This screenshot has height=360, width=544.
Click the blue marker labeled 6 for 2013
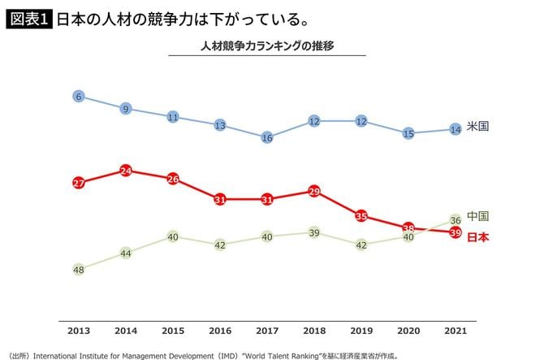[x=79, y=97]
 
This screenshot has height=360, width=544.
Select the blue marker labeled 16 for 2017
[x=267, y=138]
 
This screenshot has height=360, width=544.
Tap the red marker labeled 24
[x=126, y=171]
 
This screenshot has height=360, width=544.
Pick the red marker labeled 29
[x=314, y=191]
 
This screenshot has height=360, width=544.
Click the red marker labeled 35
[x=361, y=216]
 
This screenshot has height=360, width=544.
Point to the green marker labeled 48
[x=79, y=269]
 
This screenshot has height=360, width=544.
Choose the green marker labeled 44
[x=126, y=253]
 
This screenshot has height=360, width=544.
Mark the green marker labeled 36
[x=455, y=220]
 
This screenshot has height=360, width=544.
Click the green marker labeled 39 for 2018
[x=314, y=232]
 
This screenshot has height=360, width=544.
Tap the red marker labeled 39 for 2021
[x=455, y=232]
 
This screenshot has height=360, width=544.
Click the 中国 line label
[x=479, y=216]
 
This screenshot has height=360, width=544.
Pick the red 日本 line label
[x=479, y=237]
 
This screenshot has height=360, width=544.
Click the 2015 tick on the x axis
[x=173, y=332]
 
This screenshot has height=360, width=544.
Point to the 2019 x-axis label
[x=361, y=332]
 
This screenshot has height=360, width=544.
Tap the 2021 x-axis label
[x=455, y=332]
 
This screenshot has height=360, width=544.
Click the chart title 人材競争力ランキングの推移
[x=267, y=46]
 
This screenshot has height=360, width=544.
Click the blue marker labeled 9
[x=126, y=109]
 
